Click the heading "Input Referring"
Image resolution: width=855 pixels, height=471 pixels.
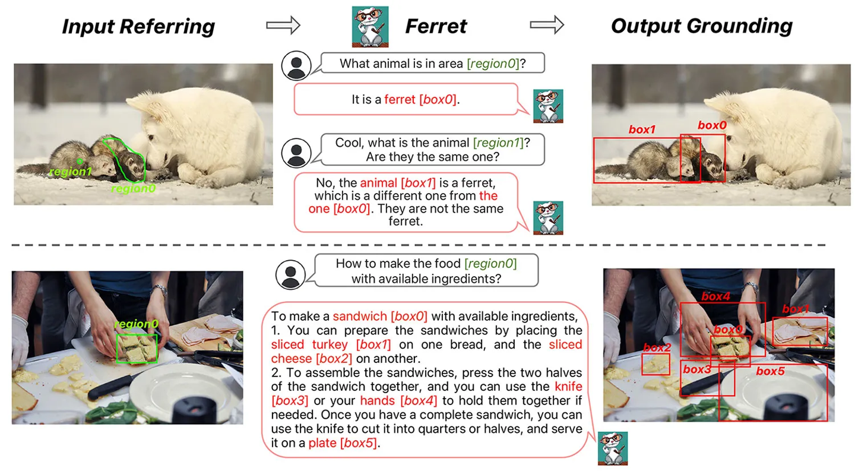click(x=138, y=26)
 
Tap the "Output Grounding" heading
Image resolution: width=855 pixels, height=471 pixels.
click(x=701, y=26)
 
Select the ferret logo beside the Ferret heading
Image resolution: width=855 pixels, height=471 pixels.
click(x=370, y=26)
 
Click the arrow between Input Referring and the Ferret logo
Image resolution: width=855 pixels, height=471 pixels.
click(x=283, y=26)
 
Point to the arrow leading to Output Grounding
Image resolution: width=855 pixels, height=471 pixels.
click(x=547, y=26)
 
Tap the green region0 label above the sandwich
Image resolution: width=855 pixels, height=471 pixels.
click(x=136, y=324)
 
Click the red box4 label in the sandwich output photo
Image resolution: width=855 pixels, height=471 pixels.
click(x=715, y=296)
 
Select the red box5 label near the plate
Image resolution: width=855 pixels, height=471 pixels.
click(x=770, y=371)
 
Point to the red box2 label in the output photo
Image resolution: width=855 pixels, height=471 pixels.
click(x=656, y=347)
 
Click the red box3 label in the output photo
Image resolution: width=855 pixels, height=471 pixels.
click(x=696, y=369)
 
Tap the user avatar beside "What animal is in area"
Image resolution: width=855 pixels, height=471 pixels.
click(x=296, y=65)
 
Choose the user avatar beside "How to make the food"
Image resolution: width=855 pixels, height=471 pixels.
click(x=290, y=274)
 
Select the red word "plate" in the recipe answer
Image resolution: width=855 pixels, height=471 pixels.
click(x=322, y=443)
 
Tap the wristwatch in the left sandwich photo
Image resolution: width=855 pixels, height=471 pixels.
click(x=159, y=290)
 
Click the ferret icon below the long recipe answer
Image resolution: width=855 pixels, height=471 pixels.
click(x=612, y=447)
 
